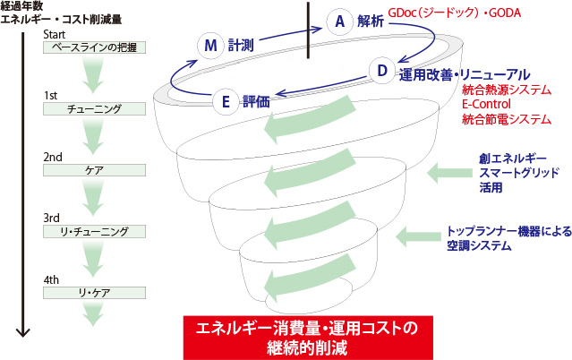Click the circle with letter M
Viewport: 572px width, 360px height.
(210, 46)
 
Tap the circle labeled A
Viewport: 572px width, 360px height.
(339, 21)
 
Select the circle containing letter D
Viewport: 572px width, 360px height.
(382, 71)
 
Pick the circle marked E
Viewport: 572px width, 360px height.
(226, 101)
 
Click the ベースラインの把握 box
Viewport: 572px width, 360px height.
(95, 47)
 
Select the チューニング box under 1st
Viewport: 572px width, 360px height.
(95, 108)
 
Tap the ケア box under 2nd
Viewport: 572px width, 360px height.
(95, 170)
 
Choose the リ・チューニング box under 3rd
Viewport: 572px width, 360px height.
(95, 231)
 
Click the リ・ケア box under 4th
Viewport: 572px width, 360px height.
(95, 293)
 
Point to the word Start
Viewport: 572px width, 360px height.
(54, 35)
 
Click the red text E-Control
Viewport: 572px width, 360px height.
(486, 104)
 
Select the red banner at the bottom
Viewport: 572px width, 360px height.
(308, 338)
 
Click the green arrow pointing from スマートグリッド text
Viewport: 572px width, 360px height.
(449, 173)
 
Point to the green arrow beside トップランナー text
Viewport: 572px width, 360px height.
(418, 236)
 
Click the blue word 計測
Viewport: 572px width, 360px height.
(241, 46)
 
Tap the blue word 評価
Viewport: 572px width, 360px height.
(256, 102)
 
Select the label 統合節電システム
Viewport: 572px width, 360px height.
(507, 119)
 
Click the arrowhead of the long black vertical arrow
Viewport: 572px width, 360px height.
(22, 332)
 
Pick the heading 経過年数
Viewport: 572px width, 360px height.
(21, 6)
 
